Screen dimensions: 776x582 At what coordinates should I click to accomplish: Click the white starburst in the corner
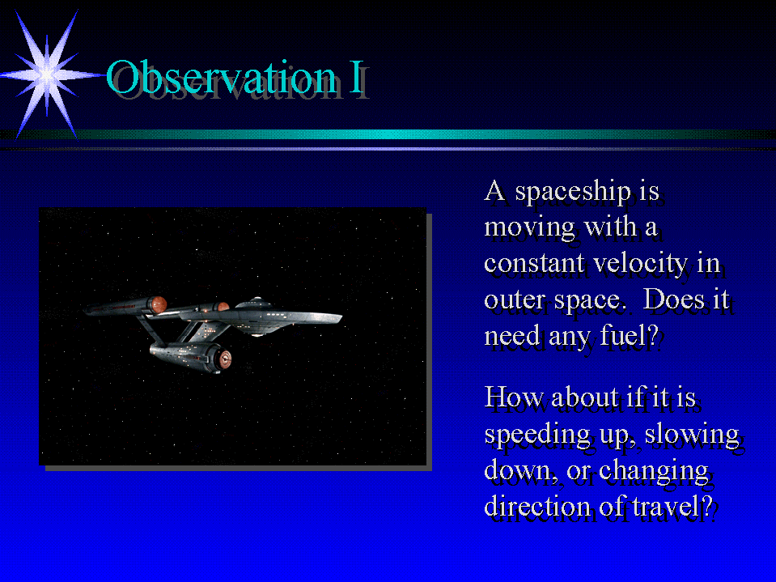(x=48, y=74)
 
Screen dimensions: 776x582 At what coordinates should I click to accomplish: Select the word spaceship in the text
(x=573, y=192)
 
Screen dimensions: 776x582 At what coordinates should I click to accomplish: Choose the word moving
(x=529, y=228)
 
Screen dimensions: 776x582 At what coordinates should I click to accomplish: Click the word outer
(x=514, y=300)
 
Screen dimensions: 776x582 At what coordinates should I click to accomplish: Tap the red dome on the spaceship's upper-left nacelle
(x=159, y=304)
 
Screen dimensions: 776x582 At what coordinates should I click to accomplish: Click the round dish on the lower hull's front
(x=225, y=358)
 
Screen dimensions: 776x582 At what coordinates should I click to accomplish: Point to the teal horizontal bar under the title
(x=388, y=134)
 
